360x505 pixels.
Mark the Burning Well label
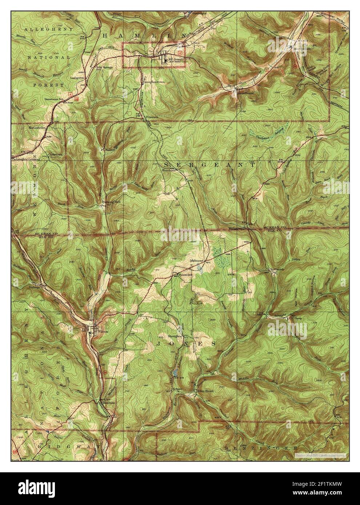coord(111,201)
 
